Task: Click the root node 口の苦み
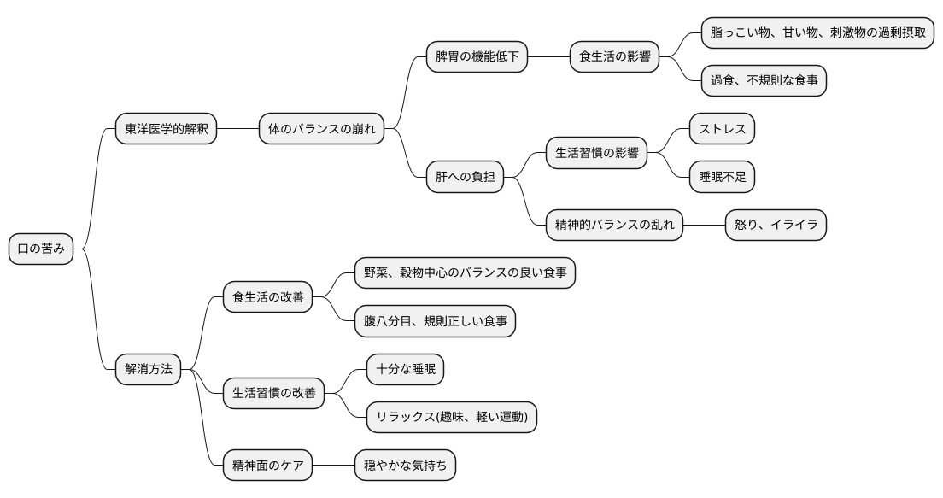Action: click(41, 249)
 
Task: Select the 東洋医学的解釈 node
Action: click(166, 130)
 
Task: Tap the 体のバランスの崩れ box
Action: click(321, 130)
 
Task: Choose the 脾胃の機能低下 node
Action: click(477, 57)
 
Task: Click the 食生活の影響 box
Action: click(614, 57)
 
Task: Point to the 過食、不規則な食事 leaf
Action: click(764, 81)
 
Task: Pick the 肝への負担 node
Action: click(465, 178)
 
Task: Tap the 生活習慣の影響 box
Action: click(596, 154)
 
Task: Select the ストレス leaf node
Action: click(722, 130)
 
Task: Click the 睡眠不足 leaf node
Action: click(722, 178)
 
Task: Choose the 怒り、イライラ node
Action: click(776, 226)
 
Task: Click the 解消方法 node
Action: click(149, 370)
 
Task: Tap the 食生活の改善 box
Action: click(267, 298)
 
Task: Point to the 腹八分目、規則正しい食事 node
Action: click(435, 322)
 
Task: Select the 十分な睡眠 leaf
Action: click(405, 370)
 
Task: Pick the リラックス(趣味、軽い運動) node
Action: click(451, 418)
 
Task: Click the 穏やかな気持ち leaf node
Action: click(405, 466)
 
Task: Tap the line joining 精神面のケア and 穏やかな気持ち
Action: click(333, 466)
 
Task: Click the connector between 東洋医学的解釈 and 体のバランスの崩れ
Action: click(237, 130)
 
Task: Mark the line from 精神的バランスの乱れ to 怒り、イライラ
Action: click(704, 226)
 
